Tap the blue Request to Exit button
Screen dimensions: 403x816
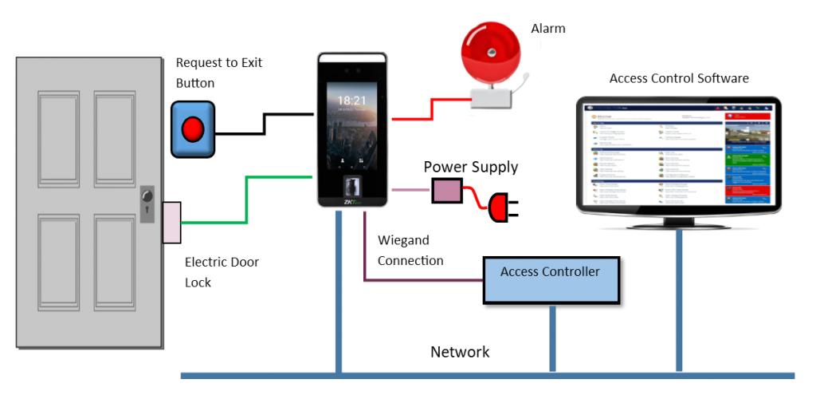tap(193, 128)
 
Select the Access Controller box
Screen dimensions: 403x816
tap(551, 279)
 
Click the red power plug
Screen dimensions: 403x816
tap(499, 208)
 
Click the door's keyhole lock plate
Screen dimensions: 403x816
tap(147, 204)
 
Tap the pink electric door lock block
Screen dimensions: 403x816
tap(171, 222)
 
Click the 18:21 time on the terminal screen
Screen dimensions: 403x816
tap(351, 101)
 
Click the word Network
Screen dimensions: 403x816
tap(460, 352)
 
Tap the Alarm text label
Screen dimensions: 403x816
tap(548, 29)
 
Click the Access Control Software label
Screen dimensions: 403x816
tap(679, 78)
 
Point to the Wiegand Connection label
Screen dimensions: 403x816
tap(410, 251)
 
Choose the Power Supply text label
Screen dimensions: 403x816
tap(470, 167)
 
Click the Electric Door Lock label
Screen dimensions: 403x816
tap(222, 272)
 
